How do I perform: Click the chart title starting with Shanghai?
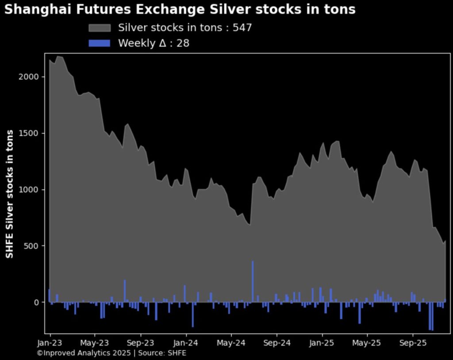pyautogui.click(x=180, y=9)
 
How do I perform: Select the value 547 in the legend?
pyautogui.click(x=243, y=28)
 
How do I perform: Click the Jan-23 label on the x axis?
pyautogui.click(x=50, y=343)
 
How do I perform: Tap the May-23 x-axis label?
pyautogui.click(x=95, y=343)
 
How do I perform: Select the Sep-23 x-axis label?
pyautogui.click(x=140, y=343)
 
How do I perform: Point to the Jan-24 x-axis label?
pyautogui.click(x=186, y=343)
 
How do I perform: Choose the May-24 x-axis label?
pyautogui.click(x=231, y=343)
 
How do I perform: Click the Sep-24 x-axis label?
pyautogui.click(x=276, y=343)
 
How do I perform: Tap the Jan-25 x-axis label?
pyautogui.click(x=322, y=343)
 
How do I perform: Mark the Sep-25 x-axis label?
pyautogui.click(x=412, y=343)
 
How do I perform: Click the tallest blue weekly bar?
pyautogui.click(x=253, y=281)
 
